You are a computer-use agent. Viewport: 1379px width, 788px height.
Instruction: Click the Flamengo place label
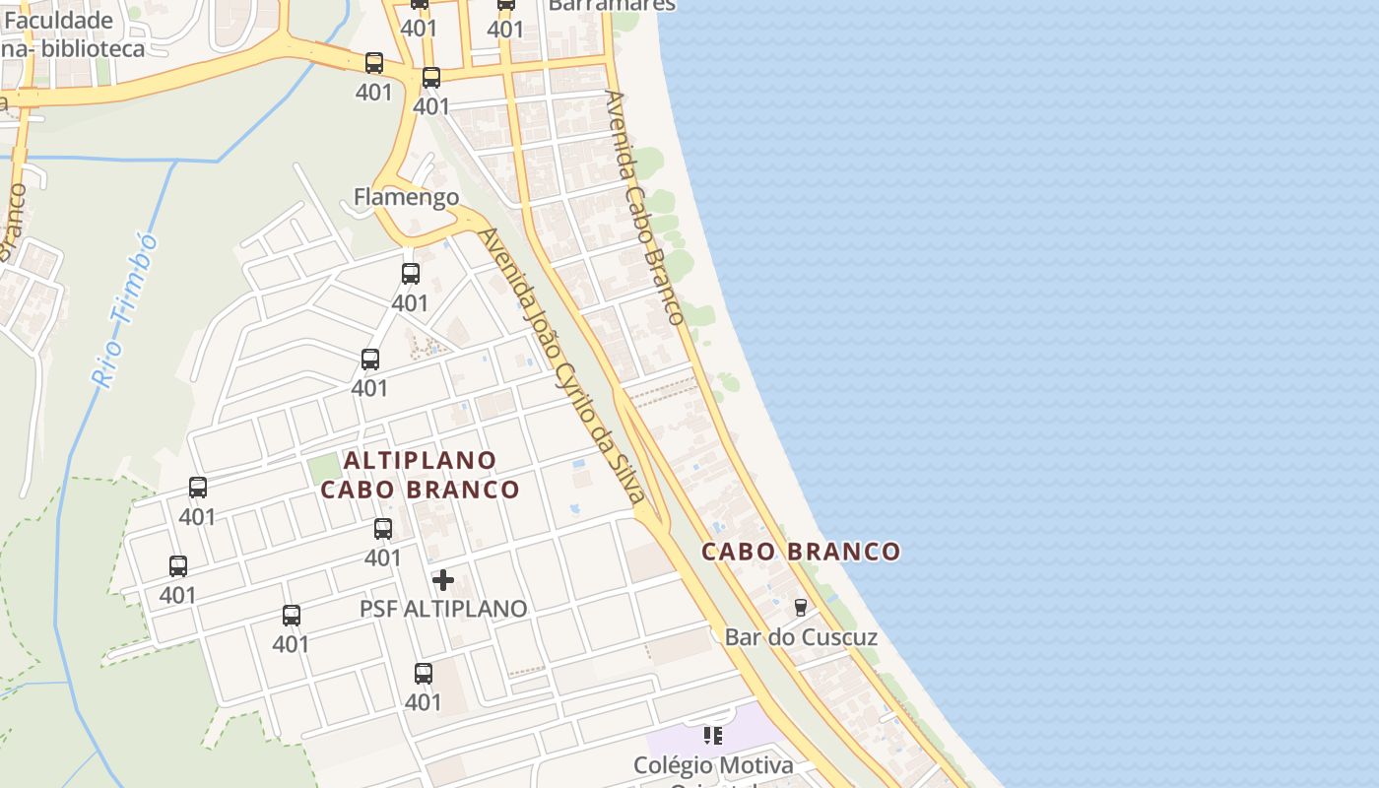pyautogui.click(x=406, y=197)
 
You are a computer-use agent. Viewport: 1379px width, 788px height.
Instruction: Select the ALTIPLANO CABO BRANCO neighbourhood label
pyautogui.click(x=421, y=475)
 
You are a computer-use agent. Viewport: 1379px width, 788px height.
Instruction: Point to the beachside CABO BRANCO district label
pyautogui.click(x=801, y=552)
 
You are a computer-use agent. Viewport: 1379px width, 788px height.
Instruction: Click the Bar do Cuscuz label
pyautogui.click(x=801, y=637)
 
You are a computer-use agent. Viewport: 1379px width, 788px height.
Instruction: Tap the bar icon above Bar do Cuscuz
pyautogui.click(x=801, y=608)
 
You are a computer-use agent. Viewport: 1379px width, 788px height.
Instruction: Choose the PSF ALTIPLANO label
pyautogui.click(x=443, y=609)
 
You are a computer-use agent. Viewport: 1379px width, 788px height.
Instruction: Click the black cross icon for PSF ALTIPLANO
pyautogui.click(x=443, y=580)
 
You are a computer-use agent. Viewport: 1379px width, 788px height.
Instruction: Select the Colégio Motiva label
pyautogui.click(x=713, y=765)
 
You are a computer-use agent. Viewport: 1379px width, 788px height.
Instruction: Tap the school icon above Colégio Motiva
pyautogui.click(x=713, y=735)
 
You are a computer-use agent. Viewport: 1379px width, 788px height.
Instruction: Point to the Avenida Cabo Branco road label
pyautogui.click(x=644, y=207)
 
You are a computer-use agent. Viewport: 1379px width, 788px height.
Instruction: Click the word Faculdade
pyautogui.click(x=59, y=20)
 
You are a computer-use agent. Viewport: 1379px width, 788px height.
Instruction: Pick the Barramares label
pyautogui.click(x=612, y=5)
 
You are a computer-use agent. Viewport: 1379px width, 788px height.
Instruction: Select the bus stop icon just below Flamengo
pyautogui.click(x=411, y=274)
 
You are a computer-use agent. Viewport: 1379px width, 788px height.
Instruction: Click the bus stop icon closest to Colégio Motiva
pyautogui.click(x=424, y=674)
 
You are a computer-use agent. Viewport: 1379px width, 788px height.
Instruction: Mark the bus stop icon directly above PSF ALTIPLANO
pyautogui.click(x=383, y=529)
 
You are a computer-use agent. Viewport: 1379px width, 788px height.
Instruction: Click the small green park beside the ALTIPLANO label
pyautogui.click(x=323, y=469)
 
